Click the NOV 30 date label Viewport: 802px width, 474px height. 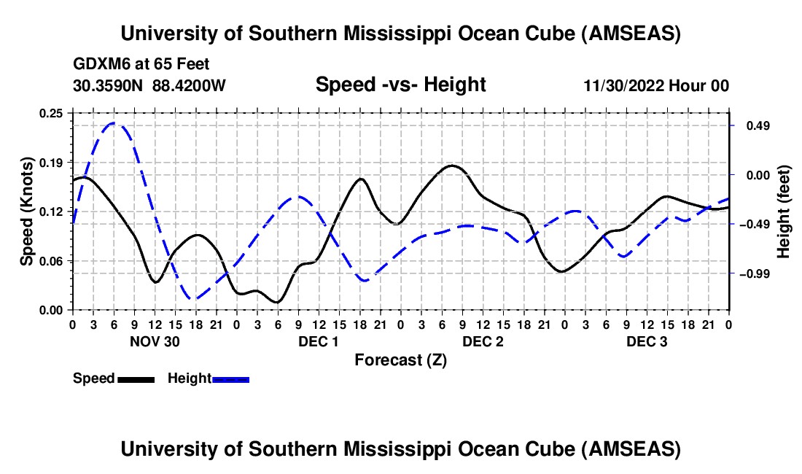coord(155,341)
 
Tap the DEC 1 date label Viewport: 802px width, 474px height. coord(319,341)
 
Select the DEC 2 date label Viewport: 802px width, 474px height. coord(483,341)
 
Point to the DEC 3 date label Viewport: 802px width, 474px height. coord(647,341)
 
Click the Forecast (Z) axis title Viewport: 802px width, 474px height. coord(400,360)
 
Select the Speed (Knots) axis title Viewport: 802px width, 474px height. coord(27,211)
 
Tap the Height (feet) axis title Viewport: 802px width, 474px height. coord(785,211)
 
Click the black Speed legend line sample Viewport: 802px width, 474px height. coord(136,379)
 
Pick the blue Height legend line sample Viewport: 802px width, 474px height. coord(231,379)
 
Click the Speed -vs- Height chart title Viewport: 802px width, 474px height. coord(400,85)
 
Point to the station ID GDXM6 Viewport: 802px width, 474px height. coord(99,64)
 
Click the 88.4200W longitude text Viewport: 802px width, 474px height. coord(190,86)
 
